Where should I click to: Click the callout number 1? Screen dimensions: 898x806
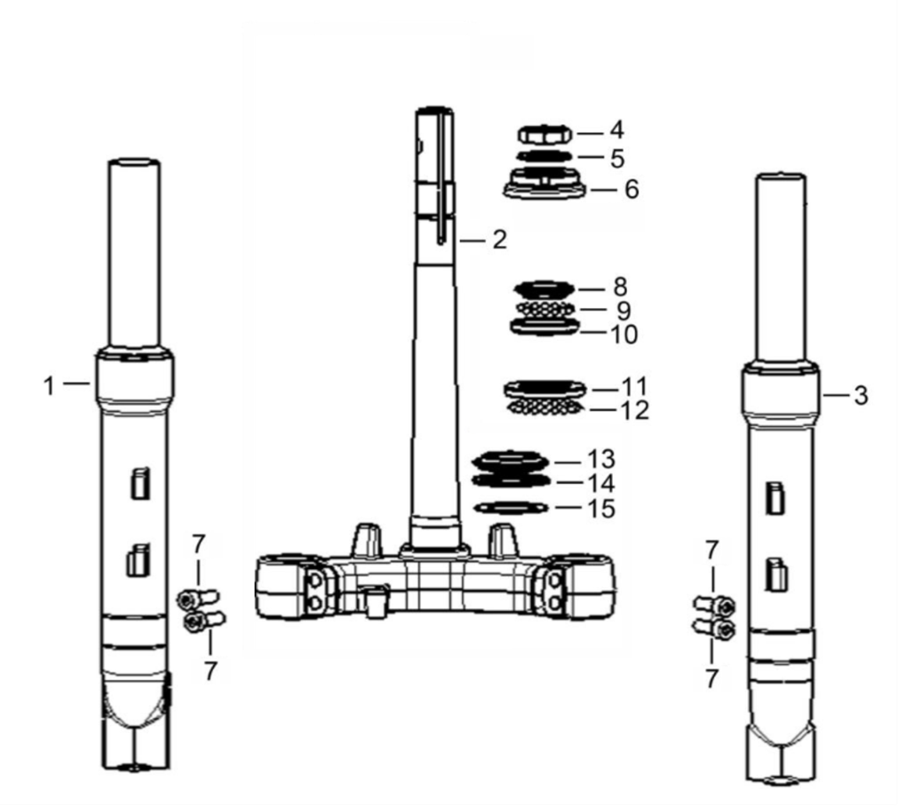pyautogui.click(x=49, y=386)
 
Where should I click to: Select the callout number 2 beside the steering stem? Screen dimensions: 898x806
pyautogui.click(x=499, y=240)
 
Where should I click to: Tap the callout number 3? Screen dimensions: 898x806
pyautogui.click(x=861, y=396)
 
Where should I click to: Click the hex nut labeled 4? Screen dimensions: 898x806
pyautogui.click(x=544, y=135)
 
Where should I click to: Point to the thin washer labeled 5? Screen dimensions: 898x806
pyautogui.click(x=544, y=156)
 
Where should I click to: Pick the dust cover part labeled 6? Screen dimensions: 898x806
pyautogui.click(x=544, y=183)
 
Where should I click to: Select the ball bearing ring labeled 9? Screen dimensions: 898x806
pyautogui.click(x=545, y=309)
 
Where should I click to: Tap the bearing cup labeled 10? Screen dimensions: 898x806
pyautogui.click(x=544, y=327)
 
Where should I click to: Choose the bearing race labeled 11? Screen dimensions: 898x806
pyautogui.click(x=544, y=390)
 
